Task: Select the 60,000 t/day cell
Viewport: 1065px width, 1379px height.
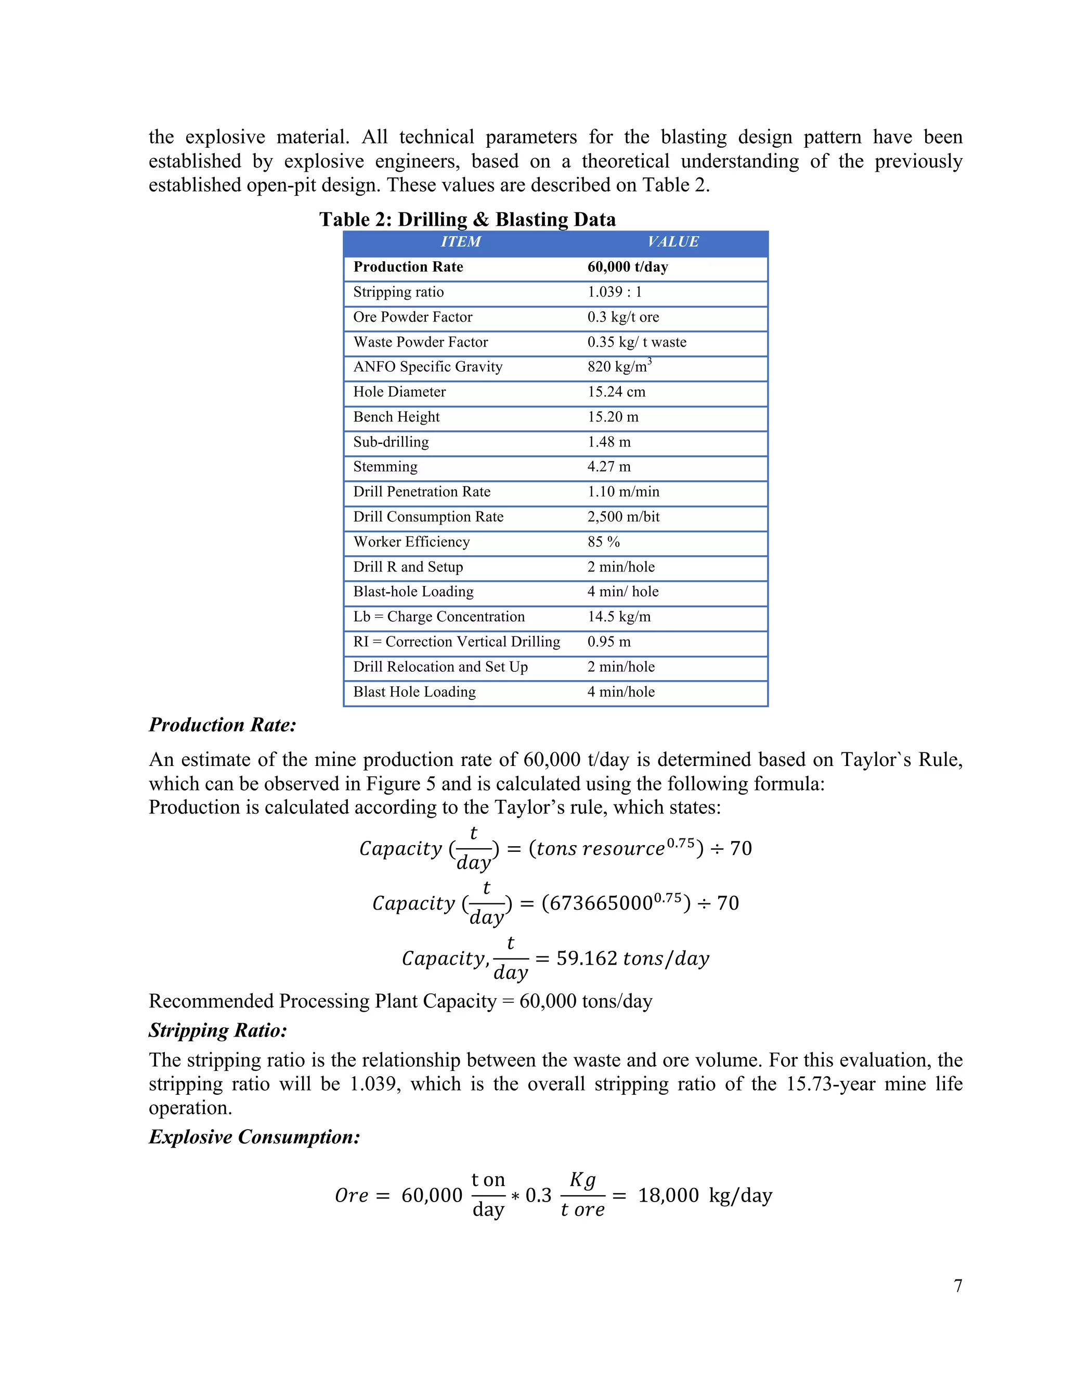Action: coord(627,267)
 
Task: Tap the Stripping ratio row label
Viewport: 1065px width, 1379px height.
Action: coord(398,292)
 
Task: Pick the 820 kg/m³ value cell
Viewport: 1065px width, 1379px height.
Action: coord(619,367)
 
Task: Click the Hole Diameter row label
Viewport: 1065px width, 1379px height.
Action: coord(399,392)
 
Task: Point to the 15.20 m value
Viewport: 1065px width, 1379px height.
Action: coord(613,417)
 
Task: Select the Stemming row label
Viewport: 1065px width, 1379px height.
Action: coord(385,467)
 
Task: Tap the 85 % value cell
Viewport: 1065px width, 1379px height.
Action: coord(603,542)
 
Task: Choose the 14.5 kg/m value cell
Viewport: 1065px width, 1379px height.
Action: coord(618,617)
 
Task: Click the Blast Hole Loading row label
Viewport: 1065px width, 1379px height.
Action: coord(414,692)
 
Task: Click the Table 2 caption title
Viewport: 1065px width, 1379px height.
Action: coord(467,219)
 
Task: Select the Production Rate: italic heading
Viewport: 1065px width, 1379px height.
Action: coord(222,725)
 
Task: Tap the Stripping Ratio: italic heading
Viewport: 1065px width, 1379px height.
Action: coord(218,1030)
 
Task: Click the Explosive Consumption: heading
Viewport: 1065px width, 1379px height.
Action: coord(254,1137)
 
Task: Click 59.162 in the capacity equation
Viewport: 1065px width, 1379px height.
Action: coord(586,959)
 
